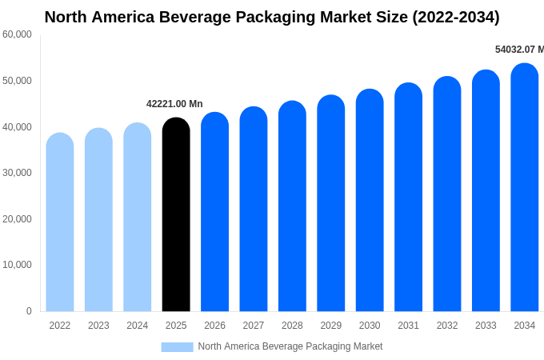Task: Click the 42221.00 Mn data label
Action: [174, 104]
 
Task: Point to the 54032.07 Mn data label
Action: [519, 50]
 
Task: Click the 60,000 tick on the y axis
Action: [17, 34]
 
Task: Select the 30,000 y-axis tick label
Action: [17, 173]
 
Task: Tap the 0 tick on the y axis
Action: [29, 311]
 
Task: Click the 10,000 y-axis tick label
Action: [17, 265]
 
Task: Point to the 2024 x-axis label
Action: [138, 326]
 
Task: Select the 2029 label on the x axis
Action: [331, 326]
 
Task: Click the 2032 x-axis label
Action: [447, 326]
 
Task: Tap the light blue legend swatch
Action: [177, 347]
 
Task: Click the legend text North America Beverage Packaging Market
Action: [290, 346]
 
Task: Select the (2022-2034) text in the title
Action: [455, 17]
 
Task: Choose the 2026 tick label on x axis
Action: [214, 326]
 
